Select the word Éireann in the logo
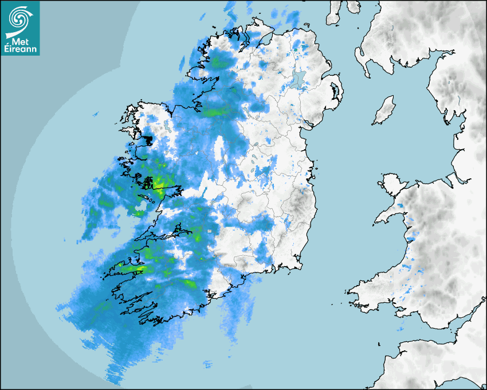(x=22, y=49)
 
